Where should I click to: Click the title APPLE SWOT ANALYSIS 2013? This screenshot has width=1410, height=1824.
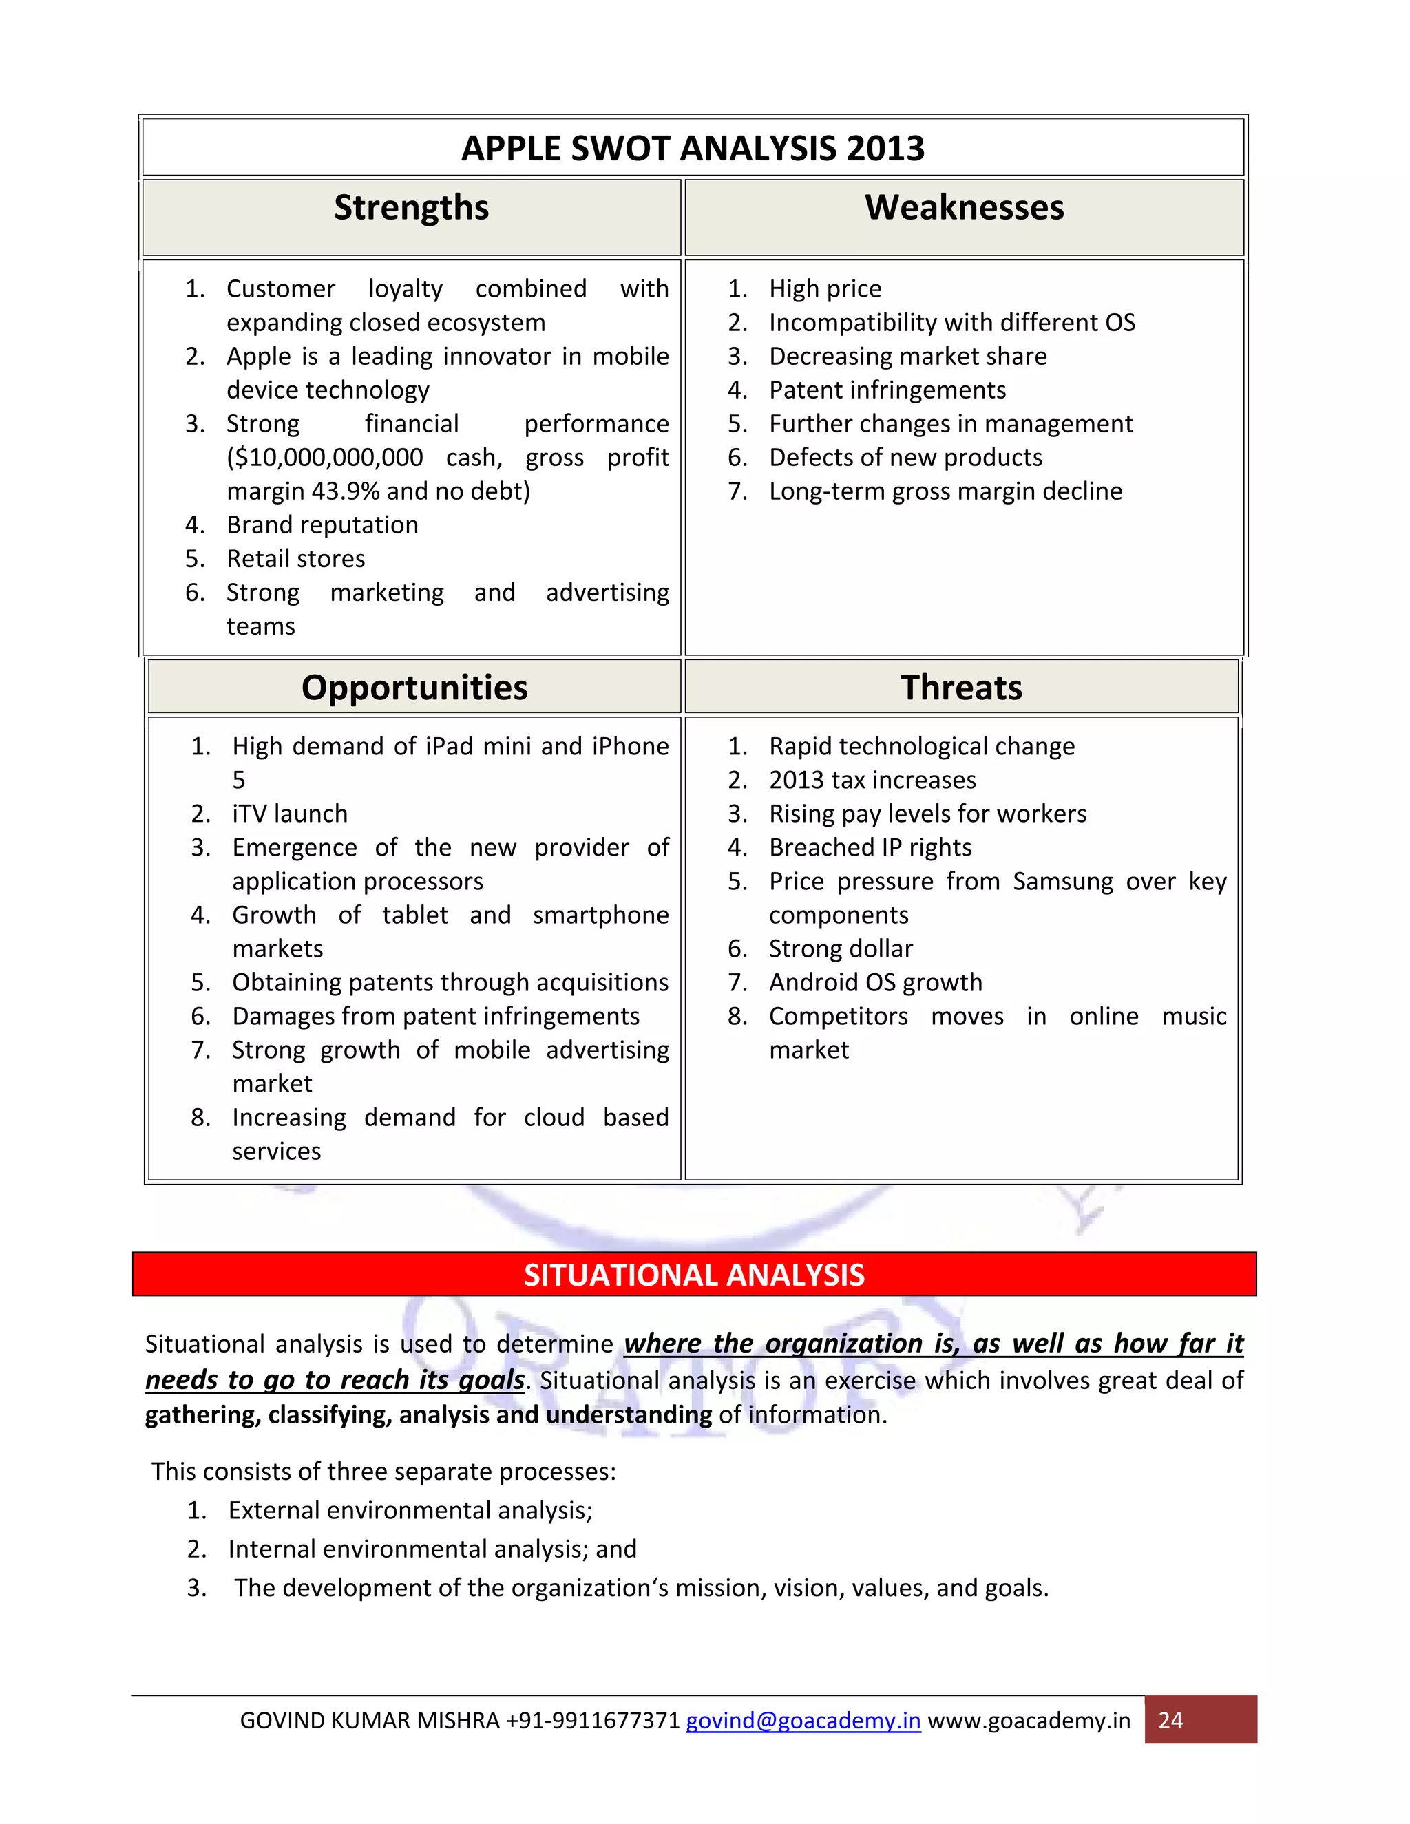(x=693, y=149)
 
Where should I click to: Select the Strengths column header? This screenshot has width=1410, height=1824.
(x=411, y=208)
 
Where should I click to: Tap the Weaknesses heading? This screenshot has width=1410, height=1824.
(x=964, y=208)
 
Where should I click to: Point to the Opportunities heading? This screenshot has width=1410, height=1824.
(x=414, y=688)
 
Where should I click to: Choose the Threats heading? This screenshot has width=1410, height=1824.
(x=960, y=688)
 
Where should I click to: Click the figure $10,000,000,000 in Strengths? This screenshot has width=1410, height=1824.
(x=325, y=458)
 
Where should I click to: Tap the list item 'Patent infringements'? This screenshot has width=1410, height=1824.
(x=886, y=390)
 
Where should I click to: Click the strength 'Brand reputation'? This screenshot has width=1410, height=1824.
(x=322, y=525)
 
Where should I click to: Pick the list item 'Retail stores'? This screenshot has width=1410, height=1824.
(x=295, y=559)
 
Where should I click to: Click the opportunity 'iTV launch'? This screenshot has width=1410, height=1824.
(x=289, y=814)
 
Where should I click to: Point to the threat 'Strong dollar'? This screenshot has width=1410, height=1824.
(x=841, y=948)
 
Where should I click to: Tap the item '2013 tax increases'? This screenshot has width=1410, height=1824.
(x=872, y=780)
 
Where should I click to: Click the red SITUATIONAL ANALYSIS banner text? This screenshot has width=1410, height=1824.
(x=693, y=1275)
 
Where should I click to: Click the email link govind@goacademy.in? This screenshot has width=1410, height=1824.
(x=803, y=1721)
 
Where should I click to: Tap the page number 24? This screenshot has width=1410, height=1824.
(x=1170, y=1721)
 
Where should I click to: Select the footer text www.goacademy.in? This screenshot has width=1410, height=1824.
(x=1029, y=1721)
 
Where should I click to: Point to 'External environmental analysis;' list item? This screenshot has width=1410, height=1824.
(x=410, y=1510)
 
